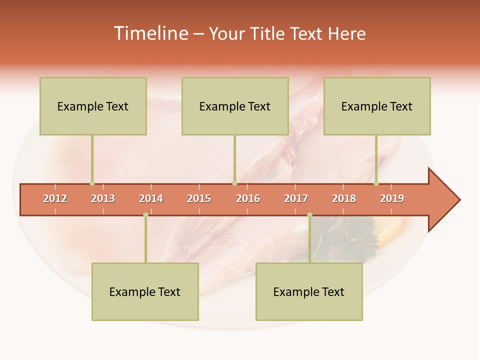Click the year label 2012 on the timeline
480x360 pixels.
point(55,198)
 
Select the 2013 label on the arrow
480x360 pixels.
point(103,198)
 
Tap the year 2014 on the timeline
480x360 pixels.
point(151,198)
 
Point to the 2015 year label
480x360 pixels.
point(199,198)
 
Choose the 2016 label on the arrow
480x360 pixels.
point(248,198)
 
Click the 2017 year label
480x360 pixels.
point(296,198)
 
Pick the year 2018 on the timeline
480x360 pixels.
point(344,198)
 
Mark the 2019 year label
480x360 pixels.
point(392,198)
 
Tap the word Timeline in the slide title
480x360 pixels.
point(150,33)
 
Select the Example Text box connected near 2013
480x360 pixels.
point(93,106)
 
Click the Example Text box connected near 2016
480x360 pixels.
point(235,106)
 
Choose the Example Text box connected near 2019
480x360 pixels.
point(377,106)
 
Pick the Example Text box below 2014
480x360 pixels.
point(145,291)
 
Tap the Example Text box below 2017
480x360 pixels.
point(309,291)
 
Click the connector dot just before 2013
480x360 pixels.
point(92,183)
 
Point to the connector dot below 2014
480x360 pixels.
point(145,215)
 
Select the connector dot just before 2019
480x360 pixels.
point(376,183)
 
